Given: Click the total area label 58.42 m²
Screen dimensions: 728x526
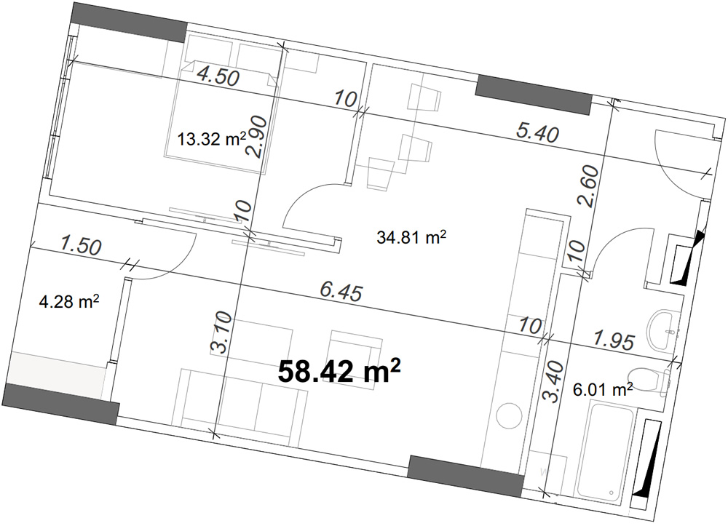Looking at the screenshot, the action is (x=339, y=372).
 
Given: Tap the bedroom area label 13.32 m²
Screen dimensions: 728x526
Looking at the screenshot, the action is (x=212, y=139).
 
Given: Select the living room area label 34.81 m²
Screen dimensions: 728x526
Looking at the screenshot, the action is (x=412, y=238).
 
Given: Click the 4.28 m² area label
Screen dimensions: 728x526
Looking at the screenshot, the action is (x=69, y=303).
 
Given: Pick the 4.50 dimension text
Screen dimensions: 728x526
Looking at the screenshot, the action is (x=218, y=76).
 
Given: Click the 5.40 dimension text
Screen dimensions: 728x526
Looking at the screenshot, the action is (x=537, y=132).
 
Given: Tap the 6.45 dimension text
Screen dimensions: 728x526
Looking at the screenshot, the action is (x=341, y=292).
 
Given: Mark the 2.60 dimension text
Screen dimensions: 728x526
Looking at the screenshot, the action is (x=588, y=186).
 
